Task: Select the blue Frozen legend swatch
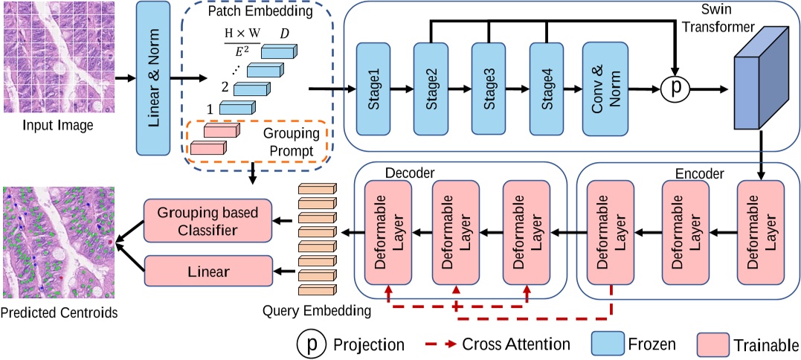click(609, 344)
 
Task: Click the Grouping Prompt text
click(290, 145)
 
